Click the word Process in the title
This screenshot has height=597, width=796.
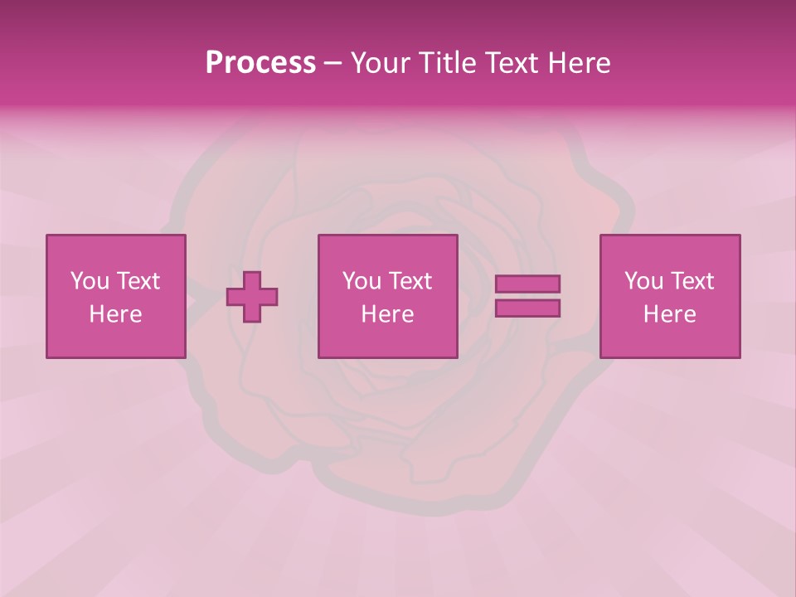[260, 63]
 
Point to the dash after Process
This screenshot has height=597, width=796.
[332, 64]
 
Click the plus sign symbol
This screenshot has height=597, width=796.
[252, 297]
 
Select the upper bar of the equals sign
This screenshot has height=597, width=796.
[527, 284]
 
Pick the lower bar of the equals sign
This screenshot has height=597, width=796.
[527, 308]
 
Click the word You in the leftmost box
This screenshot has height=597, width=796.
[89, 281]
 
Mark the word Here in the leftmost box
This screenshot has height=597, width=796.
[115, 314]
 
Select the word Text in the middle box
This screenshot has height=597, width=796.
[410, 281]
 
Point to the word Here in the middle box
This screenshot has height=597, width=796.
[387, 314]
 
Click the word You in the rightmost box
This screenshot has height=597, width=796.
[643, 281]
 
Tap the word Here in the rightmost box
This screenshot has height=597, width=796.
[669, 314]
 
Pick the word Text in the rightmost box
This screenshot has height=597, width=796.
[692, 281]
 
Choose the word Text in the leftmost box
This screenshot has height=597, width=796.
[138, 281]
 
